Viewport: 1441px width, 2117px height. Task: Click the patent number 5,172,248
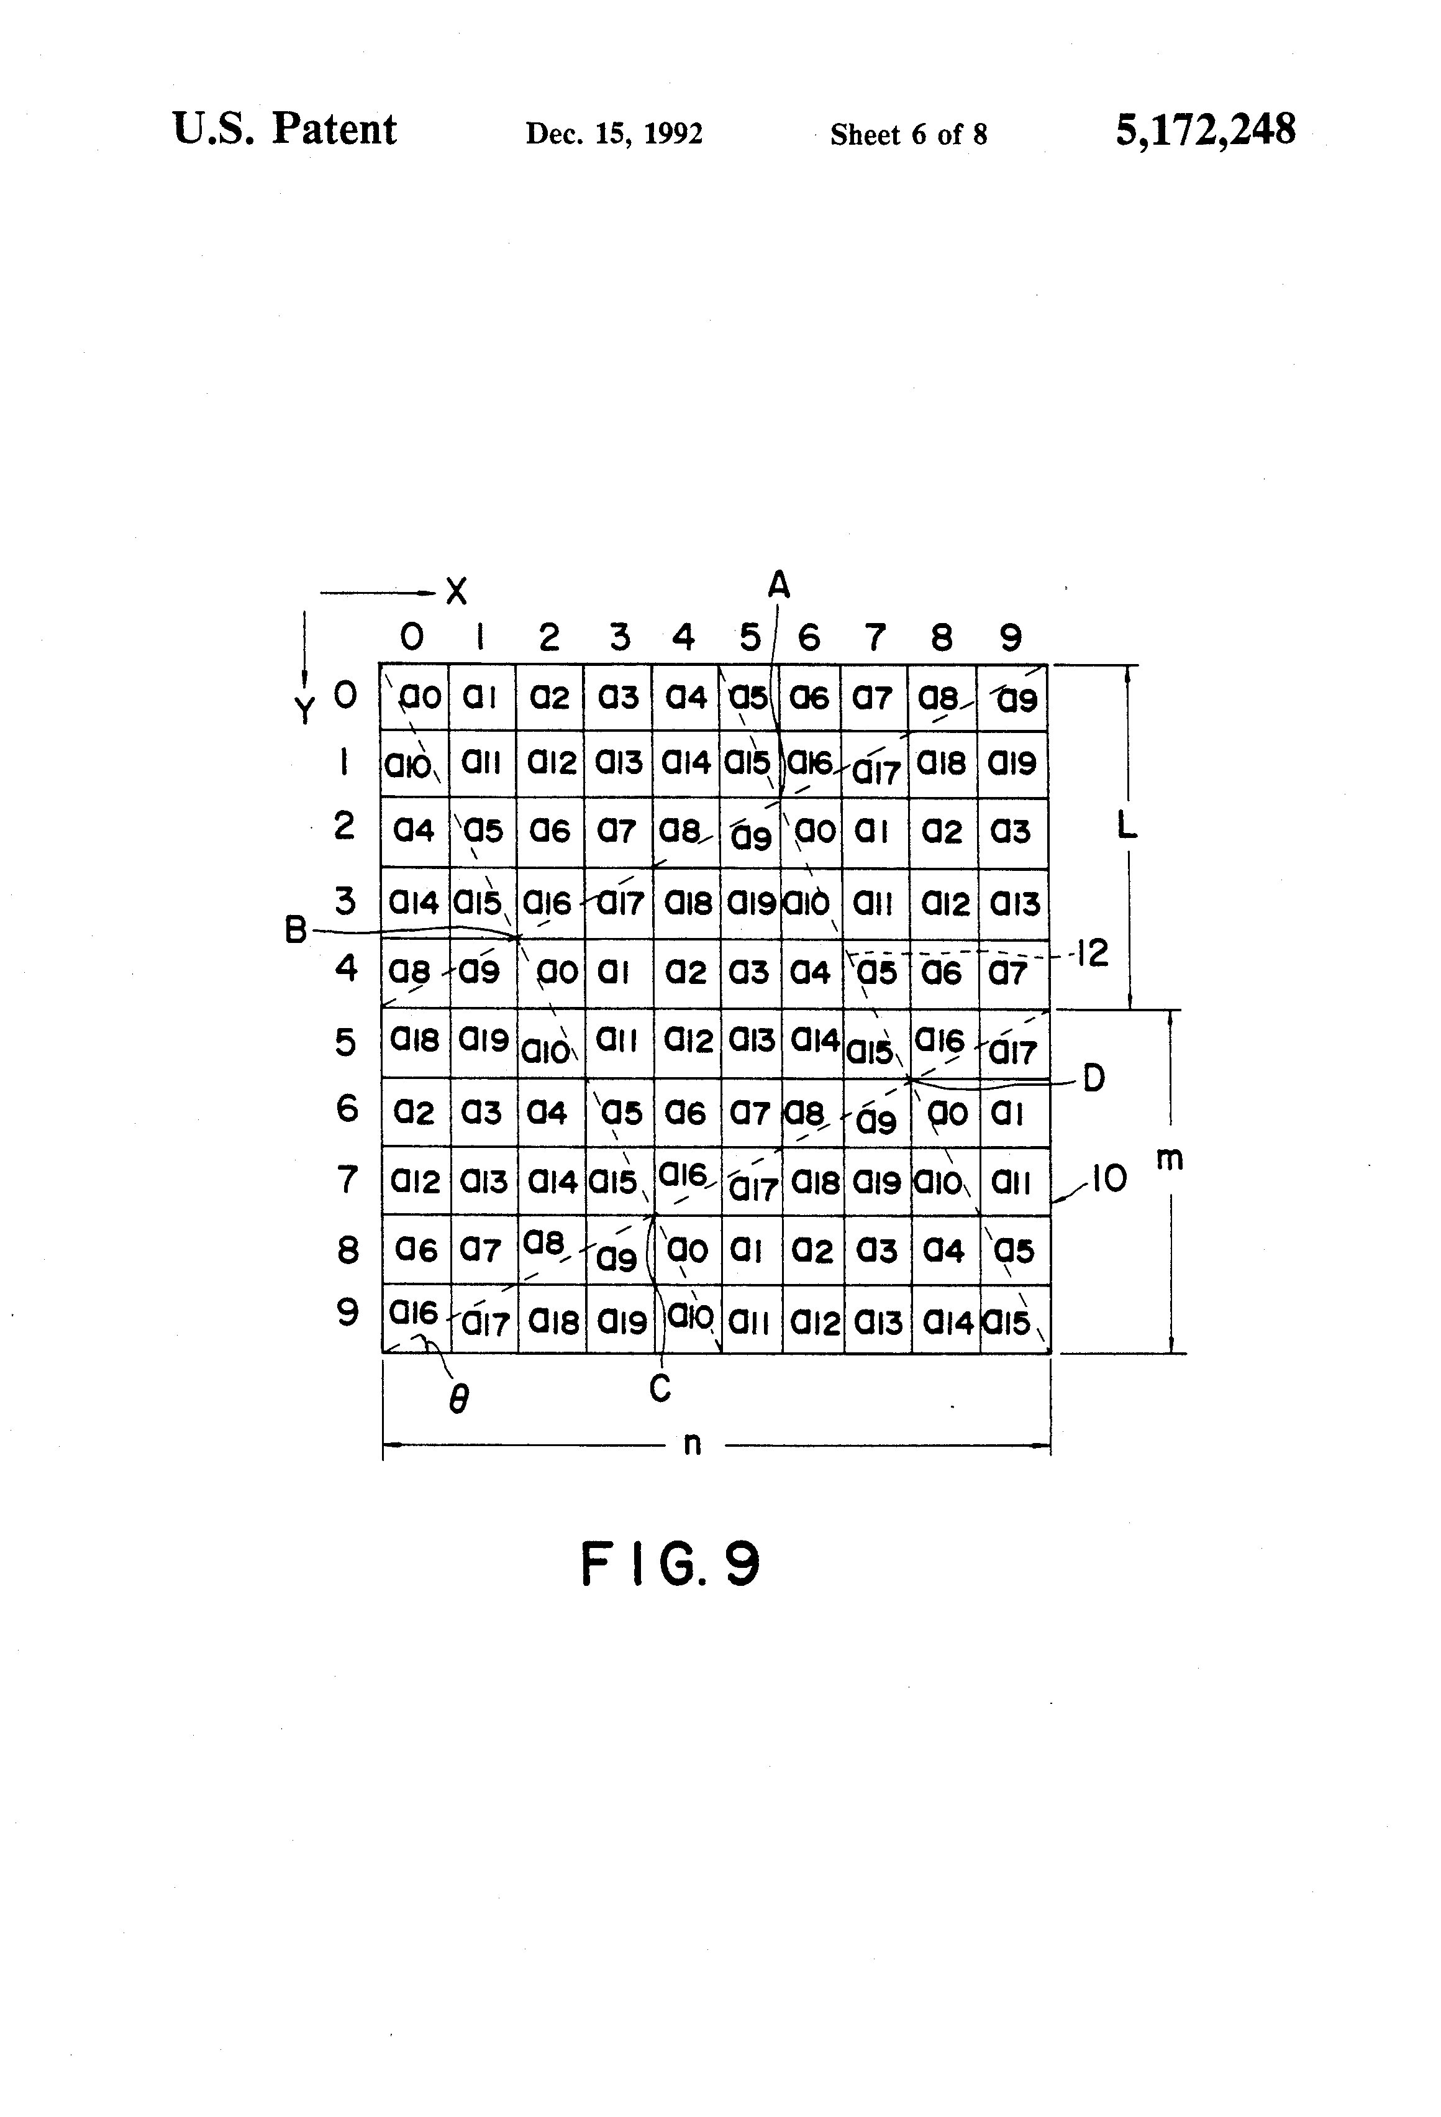tap(1204, 130)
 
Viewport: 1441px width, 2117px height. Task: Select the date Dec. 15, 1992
tap(614, 134)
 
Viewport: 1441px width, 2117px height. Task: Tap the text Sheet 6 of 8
tap(908, 135)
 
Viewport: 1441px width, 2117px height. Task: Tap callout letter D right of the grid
tap(1093, 1078)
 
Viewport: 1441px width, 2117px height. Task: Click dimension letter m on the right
tap(1170, 1159)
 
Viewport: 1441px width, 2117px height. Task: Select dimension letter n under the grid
tap(693, 1444)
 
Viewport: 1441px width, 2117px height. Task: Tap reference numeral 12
tap(1091, 954)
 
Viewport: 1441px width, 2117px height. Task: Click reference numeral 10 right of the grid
tap(1109, 1180)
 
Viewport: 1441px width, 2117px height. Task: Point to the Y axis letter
tap(305, 709)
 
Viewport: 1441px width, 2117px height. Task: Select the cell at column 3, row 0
tap(617, 698)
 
